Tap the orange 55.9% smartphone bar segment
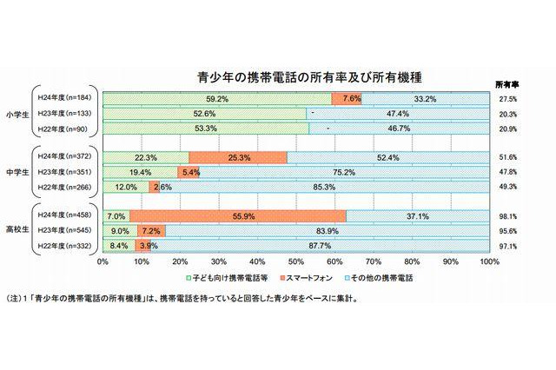click(238, 215)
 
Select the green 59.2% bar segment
click(217, 99)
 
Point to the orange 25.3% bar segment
click(237, 157)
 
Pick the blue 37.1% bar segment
click(417, 215)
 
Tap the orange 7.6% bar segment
click(352, 99)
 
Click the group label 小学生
click(16, 114)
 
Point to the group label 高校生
click(16, 230)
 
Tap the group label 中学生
click(16, 172)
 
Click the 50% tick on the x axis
click(296, 260)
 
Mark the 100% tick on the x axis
click(488, 260)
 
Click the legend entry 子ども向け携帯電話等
click(228, 277)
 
